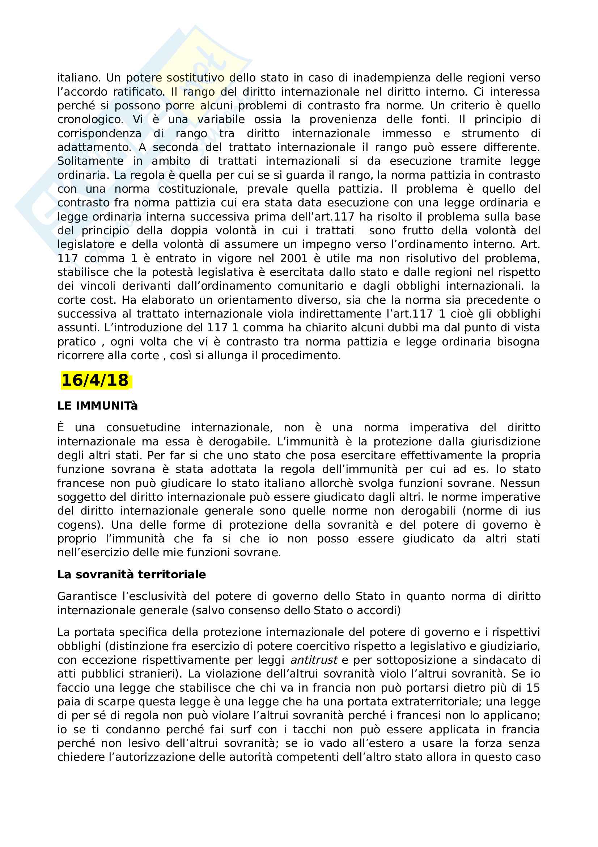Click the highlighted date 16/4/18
click(95, 380)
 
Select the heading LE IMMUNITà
click(97, 406)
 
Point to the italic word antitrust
click(314, 659)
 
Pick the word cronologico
click(90, 119)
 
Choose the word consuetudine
click(143, 428)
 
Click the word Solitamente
click(90, 161)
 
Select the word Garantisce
click(86, 596)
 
